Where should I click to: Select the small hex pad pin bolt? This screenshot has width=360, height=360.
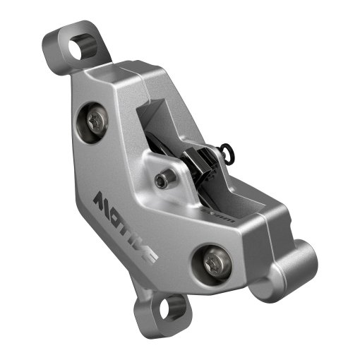tap(163, 181)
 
